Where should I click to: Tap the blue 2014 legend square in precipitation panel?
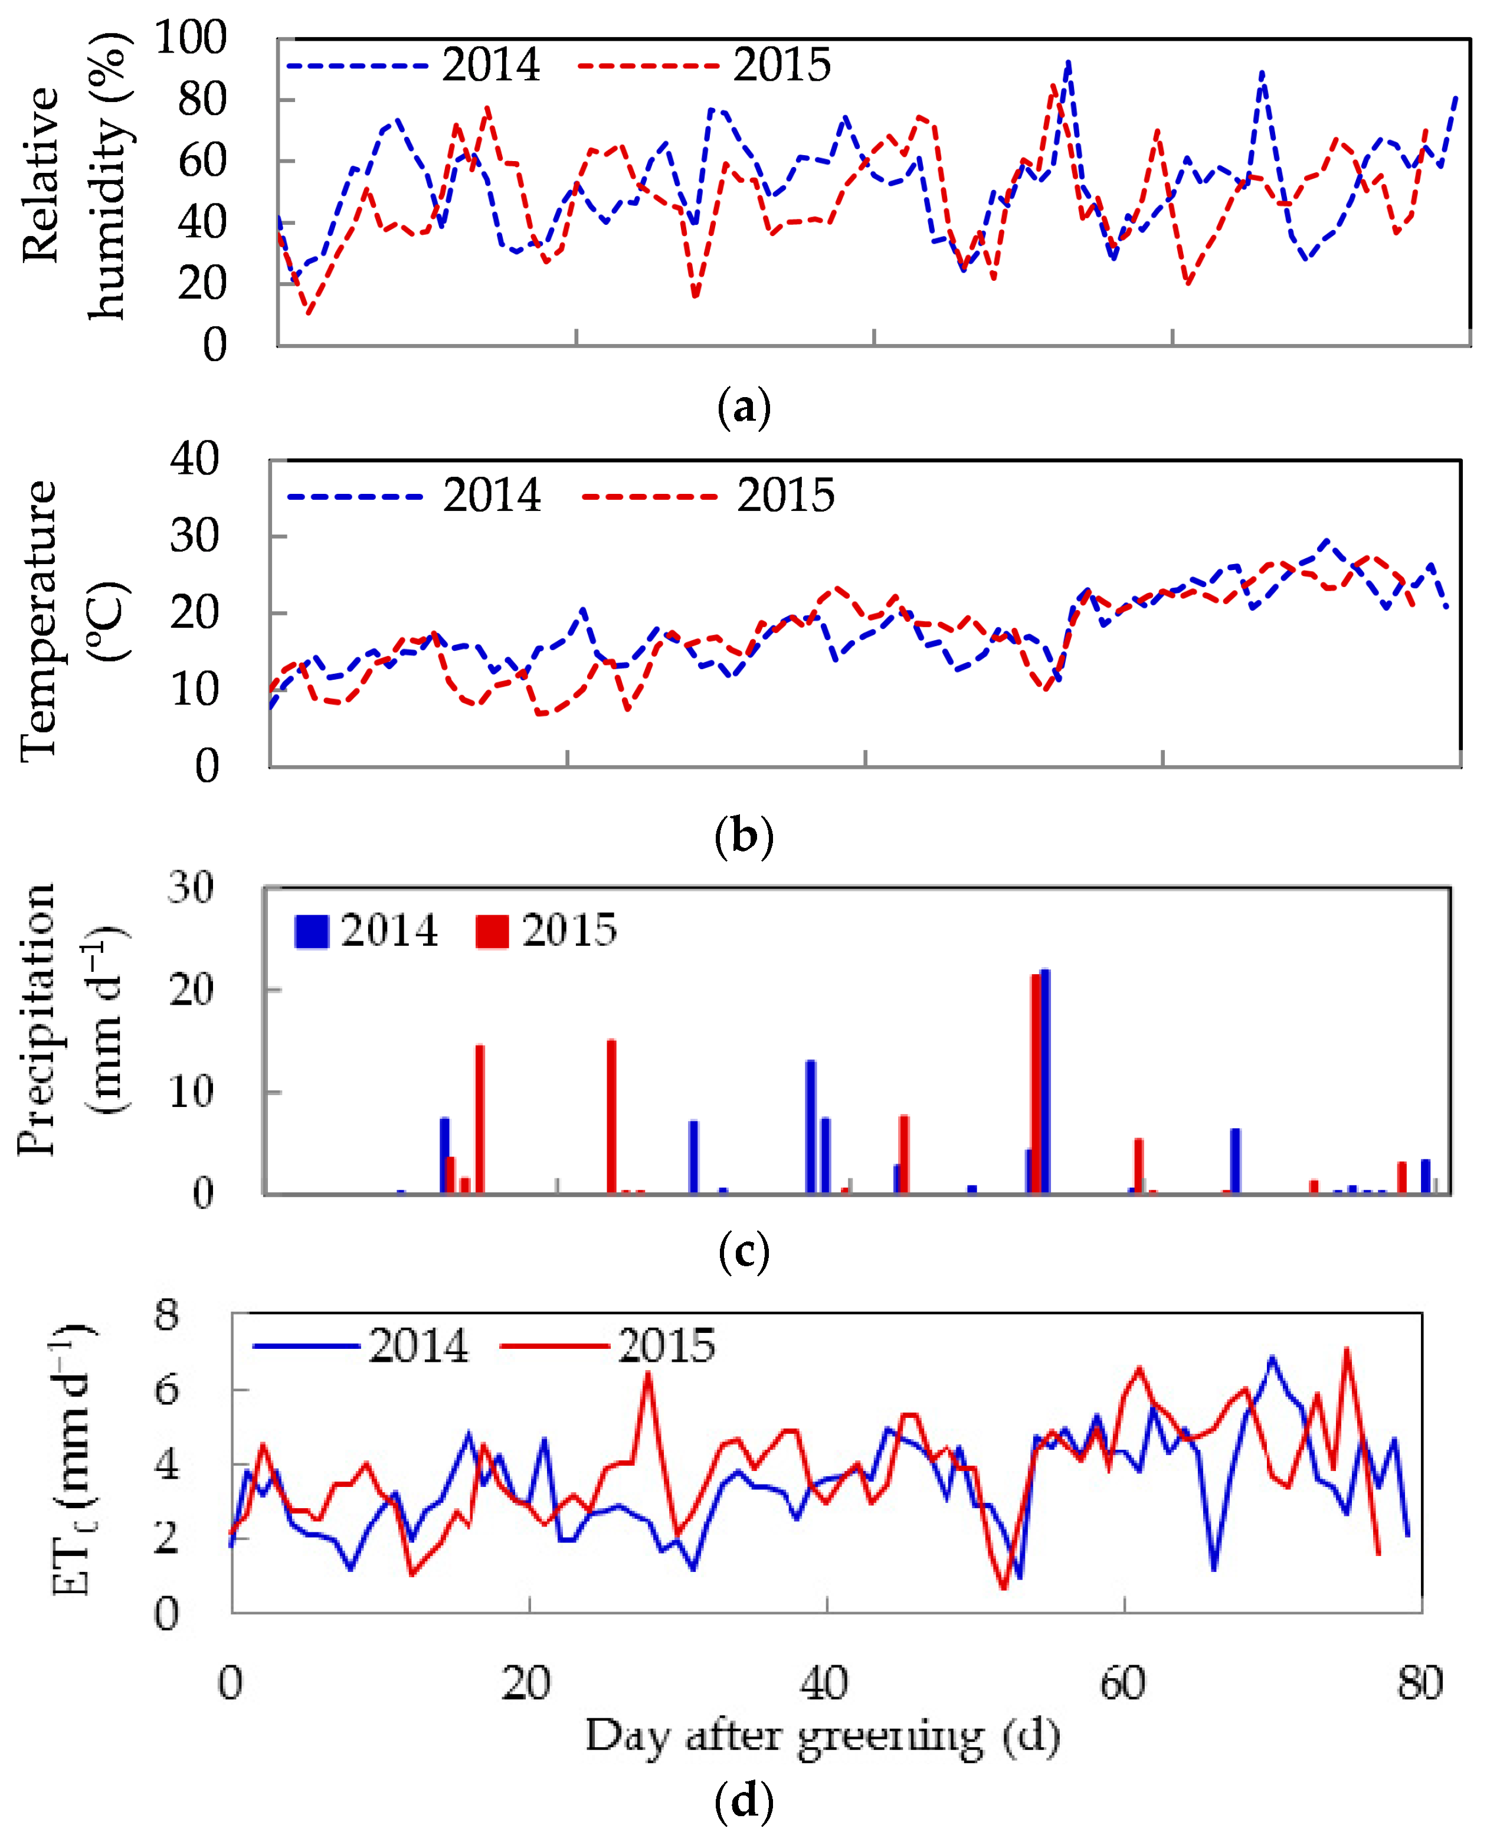(x=311, y=931)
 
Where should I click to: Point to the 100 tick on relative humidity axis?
(x=190, y=38)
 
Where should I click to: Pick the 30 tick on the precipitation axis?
(x=190, y=887)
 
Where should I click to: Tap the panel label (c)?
(x=743, y=1252)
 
